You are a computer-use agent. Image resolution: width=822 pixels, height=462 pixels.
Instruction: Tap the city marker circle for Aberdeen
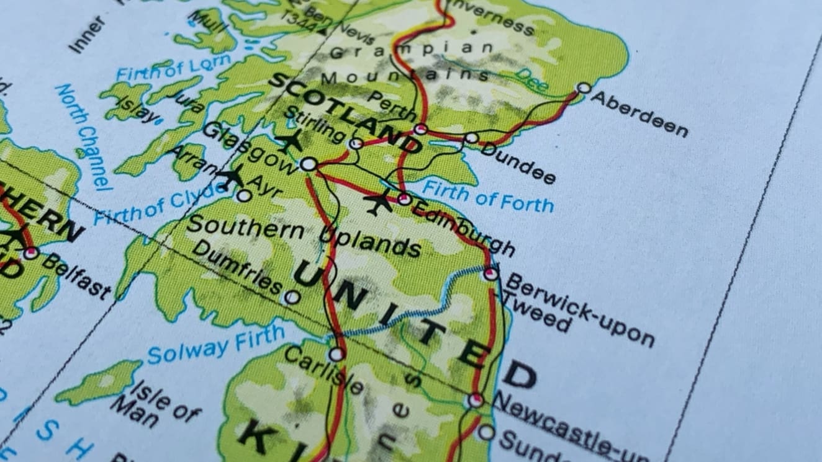[x=583, y=88]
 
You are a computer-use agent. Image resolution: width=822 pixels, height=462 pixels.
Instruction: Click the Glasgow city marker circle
[x=308, y=164]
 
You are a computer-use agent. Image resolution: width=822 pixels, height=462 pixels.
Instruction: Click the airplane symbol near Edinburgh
[x=377, y=202]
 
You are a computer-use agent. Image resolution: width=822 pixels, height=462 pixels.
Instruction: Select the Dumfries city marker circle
[x=292, y=297]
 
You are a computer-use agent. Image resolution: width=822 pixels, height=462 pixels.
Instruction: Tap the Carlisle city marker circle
[x=336, y=354]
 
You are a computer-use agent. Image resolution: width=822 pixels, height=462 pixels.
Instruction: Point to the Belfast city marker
[x=30, y=252]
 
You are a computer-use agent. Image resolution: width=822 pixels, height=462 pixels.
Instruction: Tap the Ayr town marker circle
[x=244, y=196]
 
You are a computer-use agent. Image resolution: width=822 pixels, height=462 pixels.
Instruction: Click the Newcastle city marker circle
[x=476, y=400]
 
